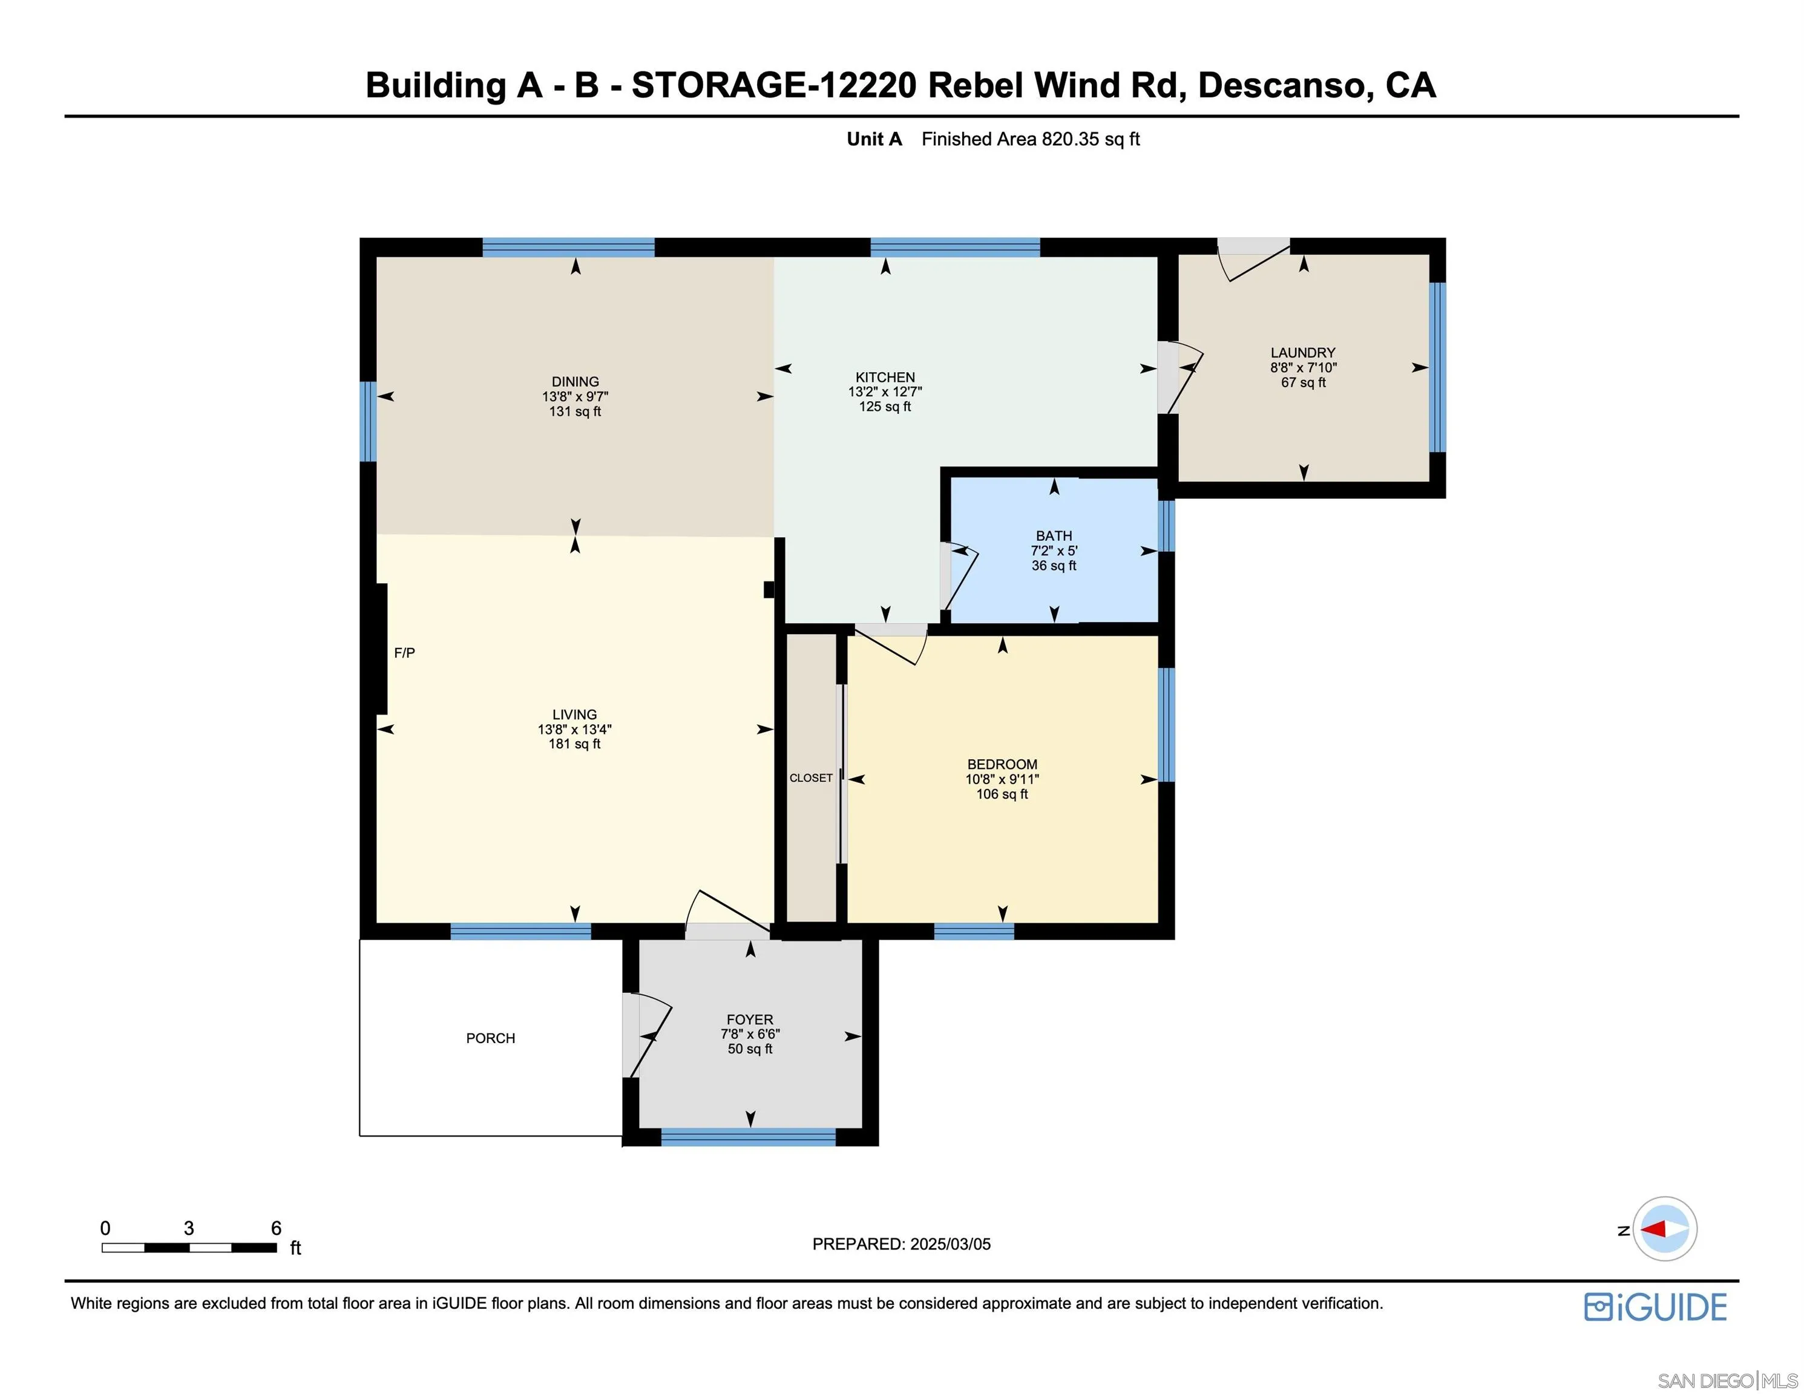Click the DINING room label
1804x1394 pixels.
click(x=575, y=382)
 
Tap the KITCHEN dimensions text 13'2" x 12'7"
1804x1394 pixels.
click(x=885, y=392)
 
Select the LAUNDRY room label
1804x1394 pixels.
click(x=1302, y=353)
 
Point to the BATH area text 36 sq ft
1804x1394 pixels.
click(x=1054, y=566)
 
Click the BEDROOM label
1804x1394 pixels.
click(x=1002, y=765)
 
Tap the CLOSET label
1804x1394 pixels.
click(x=811, y=778)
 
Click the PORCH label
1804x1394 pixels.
click(x=491, y=1038)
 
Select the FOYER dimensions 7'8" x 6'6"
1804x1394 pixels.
click(x=750, y=1034)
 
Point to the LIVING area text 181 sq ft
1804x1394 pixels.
click(x=574, y=744)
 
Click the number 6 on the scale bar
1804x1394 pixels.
click(x=276, y=1228)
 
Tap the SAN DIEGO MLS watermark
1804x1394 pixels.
click(x=1727, y=1381)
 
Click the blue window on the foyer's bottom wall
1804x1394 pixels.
click(x=749, y=1137)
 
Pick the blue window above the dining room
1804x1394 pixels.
click(x=568, y=247)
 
